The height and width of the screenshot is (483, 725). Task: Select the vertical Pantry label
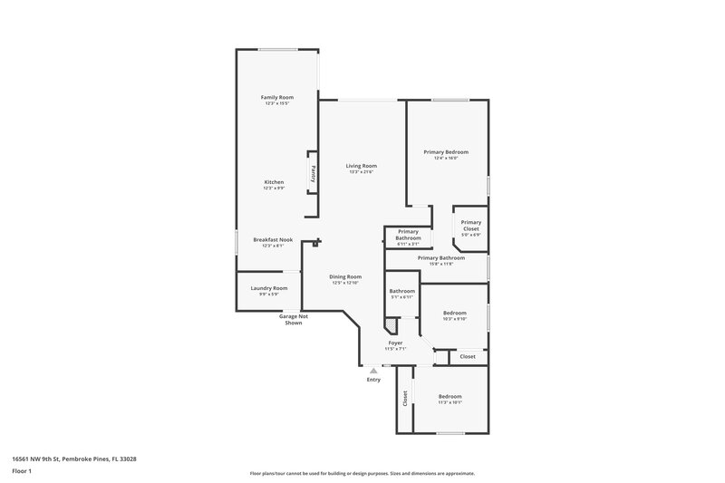[x=314, y=172]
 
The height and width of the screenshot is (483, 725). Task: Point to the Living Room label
[x=361, y=167]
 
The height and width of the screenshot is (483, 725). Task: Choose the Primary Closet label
[x=470, y=226]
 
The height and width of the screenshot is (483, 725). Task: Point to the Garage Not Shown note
[x=294, y=320]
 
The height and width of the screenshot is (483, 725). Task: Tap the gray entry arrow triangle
[x=372, y=371]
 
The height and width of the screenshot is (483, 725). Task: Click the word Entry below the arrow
[x=373, y=380]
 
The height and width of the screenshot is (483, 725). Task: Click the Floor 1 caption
[x=22, y=472]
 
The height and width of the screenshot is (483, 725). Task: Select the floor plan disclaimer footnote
[x=362, y=473]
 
